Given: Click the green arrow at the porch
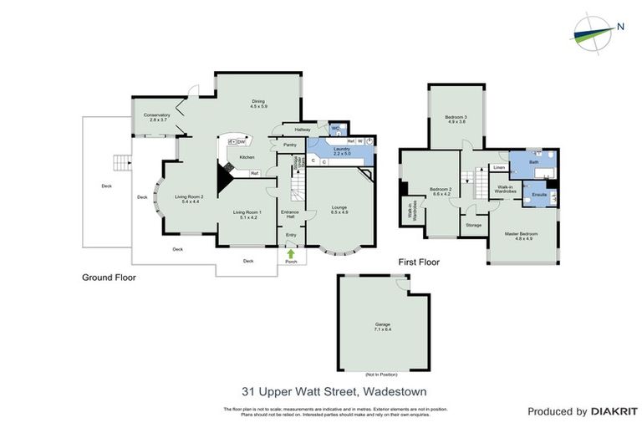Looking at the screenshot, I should [291, 253].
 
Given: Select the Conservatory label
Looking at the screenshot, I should [156, 117].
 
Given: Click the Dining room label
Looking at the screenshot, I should [257, 104].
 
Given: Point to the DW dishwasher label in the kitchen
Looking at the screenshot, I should [241, 143].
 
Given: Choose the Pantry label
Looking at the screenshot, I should [290, 145].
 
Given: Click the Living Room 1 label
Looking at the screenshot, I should [247, 214].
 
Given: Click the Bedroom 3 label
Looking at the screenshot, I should [456, 119].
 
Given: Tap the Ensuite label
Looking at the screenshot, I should [539, 194].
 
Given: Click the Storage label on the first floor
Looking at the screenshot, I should [473, 225].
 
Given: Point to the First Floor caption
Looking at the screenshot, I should [418, 262].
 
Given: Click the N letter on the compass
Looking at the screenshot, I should [619, 25].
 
